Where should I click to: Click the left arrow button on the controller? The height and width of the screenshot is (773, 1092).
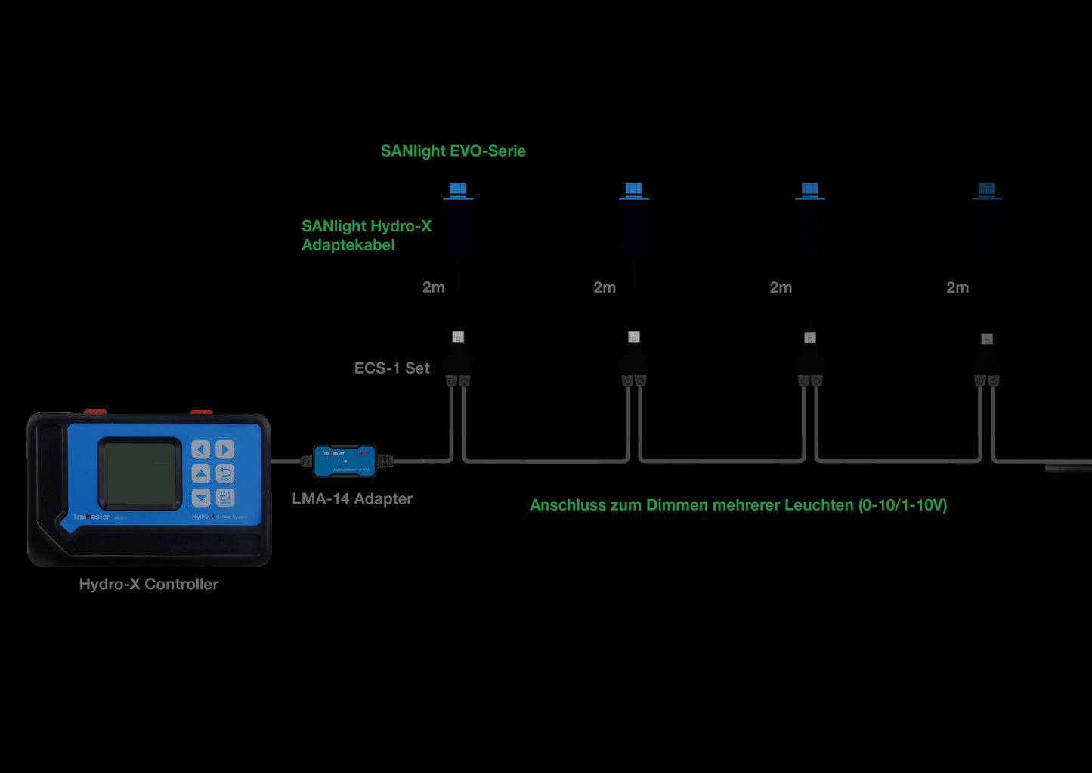click(x=200, y=450)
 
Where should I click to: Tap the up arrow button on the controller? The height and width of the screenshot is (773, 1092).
click(x=200, y=474)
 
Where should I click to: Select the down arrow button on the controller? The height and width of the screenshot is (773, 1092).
click(x=200, y=498)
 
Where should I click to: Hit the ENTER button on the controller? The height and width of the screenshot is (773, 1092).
click(x=225, y=498)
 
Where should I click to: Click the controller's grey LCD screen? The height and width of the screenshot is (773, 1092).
click(x=140, y=473)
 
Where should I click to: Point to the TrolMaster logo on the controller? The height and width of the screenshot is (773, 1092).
click(x=91, y=517)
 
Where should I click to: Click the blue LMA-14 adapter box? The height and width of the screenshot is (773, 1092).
click(x=345, y=461)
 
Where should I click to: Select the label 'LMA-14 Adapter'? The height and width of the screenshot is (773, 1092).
click(x=352, y=499)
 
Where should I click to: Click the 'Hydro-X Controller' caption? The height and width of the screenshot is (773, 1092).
click(x=149, y=585)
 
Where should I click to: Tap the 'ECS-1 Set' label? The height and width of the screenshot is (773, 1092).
click(x=391, y=368)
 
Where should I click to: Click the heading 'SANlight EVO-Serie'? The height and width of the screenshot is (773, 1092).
click(x=453, y=151)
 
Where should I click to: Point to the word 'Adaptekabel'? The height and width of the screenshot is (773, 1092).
click(x=348, y=245)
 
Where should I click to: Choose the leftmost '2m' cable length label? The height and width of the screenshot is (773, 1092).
click(x=433, y=287)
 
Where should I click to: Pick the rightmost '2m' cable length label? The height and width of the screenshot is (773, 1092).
click(x=957, y=287)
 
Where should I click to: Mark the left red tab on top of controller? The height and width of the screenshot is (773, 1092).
click(x=94, y=412)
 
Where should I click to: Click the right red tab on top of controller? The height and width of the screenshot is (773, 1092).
click(x=201, y=412)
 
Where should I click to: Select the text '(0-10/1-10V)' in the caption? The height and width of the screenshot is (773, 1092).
click(x=902, y=505)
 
